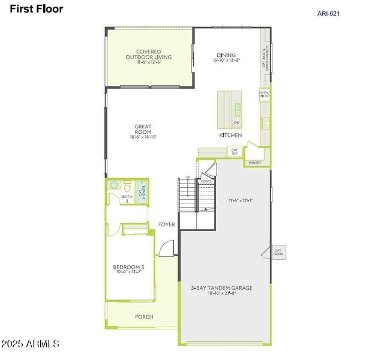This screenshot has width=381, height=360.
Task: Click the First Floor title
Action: click(x=36, y=10)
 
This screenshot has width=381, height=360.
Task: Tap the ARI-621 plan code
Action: click(x=328, y=13)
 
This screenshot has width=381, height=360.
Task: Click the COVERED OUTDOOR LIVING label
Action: click(x=148, y=55)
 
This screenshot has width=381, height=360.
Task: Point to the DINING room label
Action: click(x=226, y=55)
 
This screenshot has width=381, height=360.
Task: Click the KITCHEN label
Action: click(x=230, y=136)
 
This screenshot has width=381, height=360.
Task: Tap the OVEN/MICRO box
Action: click(x=264, y=95)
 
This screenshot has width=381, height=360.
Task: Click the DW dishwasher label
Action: click(x=237, y=122)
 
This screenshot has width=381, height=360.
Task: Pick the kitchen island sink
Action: click(x=238, y=109)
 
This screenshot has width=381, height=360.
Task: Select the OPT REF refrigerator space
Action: click(x=235, y=152)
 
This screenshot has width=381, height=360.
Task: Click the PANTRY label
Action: click(x=255, y=163)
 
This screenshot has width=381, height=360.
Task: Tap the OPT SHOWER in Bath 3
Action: click(x=142, y=193)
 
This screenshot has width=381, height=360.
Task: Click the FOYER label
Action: click(x=167, y=224)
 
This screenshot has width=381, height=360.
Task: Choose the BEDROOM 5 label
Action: click(x=129, y=268)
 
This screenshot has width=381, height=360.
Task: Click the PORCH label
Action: click(x=144, y=316)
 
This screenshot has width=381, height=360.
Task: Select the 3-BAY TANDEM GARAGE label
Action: click(x=226, y=288)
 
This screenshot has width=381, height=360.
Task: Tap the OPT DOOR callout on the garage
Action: click(x=278, y=252)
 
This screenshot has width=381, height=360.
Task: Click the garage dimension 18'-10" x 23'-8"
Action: click(x=226, y=294)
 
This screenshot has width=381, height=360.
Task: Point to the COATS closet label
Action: click(x=206, y=181)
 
